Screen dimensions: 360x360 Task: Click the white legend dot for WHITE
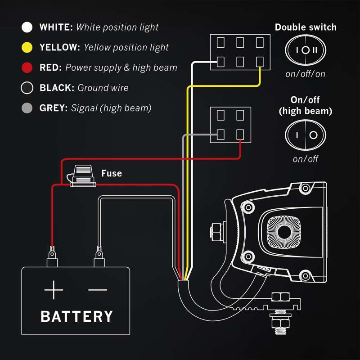[x=27, y=27]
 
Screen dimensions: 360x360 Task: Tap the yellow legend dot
[x=27, y=47]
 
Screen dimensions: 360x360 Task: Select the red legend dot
[x=27, y=68]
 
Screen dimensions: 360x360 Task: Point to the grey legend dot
[x=27, y=108]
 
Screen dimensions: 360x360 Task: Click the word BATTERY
[x=76, y=316]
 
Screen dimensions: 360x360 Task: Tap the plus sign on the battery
[x=54, y=291]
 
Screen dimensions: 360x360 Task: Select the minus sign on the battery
[x=98, y=290]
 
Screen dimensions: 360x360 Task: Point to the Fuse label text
[x=111, y=173]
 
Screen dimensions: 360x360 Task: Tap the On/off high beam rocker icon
[x=306, y=135]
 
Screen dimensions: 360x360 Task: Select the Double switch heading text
[x=306, y=27]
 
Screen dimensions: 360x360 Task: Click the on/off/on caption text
[x=306, y=74]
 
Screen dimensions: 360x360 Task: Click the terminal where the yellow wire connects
[x=260, y=61]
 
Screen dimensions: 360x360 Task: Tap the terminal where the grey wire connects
[x=220, y=134]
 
